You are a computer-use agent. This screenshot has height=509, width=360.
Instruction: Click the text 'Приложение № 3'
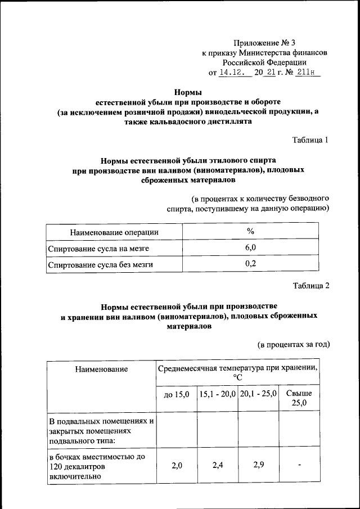pyautogui.click(x=264, y=43)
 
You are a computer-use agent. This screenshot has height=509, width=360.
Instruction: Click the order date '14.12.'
pyautogui.click(x=232, y=73)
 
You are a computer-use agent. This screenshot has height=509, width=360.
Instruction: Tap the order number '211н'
pyautogui.click(x=307, y=73)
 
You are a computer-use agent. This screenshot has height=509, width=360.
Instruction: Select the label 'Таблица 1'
pyautogui.click(x=311, y=139)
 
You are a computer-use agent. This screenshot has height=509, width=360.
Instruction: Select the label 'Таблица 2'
pyautogui.click(x=311, y=285)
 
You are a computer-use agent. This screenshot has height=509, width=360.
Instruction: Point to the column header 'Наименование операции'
pyautogui.click(x=114, y=232)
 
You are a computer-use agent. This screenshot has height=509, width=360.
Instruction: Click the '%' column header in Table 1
pyautogui.click(x=251, y=231)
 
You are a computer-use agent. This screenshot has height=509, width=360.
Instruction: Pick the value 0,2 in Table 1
pyautogui.click(x=251, y=263)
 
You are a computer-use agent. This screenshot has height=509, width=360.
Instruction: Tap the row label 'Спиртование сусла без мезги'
pyautogui.click(x=101, y=264)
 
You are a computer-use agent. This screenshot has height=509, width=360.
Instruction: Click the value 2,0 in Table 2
pyautogui.click(x=177, y=465)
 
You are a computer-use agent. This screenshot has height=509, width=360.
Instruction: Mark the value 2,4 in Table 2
pyautogui.click(x=217, y=465)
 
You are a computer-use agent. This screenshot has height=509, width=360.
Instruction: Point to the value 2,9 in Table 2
pyautogui.click(x=258, y=465)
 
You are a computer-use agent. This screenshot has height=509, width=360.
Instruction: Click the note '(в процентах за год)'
pyautogui.click(x=293, y=344)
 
